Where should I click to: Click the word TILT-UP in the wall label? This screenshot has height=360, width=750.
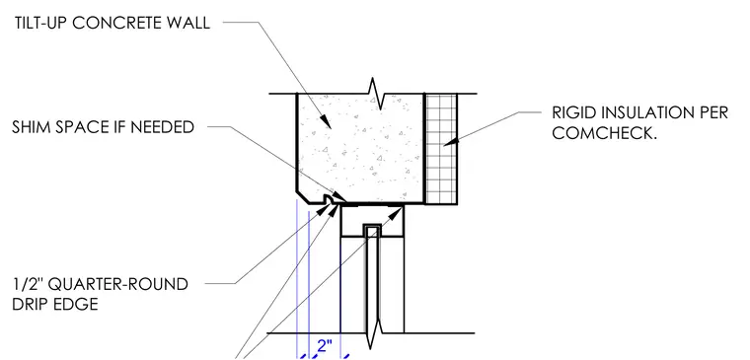coord(40,23)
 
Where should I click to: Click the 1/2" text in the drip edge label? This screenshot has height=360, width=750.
coord(29,284)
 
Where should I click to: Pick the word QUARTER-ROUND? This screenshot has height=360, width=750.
coord(118,284)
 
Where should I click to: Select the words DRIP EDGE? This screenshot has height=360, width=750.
coord(55,304)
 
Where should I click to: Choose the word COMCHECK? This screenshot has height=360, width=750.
coord(605,133)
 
